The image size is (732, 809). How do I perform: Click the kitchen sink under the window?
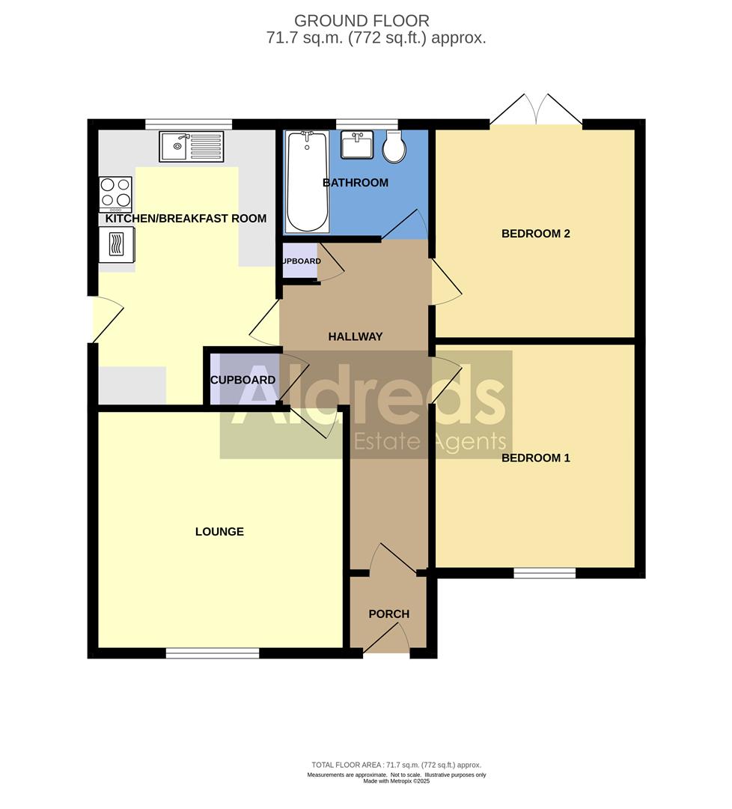[x=191, y=146]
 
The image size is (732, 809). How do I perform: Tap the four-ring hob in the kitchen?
[x=115, y=193]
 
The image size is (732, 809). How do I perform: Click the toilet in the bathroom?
[x=394, y=147]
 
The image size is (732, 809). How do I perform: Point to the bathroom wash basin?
[x=357, y=145]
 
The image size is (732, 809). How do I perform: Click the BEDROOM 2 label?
[x=535, y=234]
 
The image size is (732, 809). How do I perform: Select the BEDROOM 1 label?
[x=535, y=458]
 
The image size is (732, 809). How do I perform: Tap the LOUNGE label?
[x=219, y=532]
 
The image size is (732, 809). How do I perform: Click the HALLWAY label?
[x=355, y=337]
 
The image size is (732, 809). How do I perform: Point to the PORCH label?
[x=388, y=614]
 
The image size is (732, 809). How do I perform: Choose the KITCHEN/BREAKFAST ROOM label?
[x=186, y=219]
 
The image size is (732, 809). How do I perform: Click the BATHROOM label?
[x=355, y=183]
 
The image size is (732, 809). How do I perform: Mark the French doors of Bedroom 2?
[x=536, y=112]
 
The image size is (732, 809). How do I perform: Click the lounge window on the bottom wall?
[x=213, y=653]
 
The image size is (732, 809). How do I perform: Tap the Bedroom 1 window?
[x=544, y=573]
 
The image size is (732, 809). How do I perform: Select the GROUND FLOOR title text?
[x=362, y=21]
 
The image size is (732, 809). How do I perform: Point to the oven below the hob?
[x=116, y=244]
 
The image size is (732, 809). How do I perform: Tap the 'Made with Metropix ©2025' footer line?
[x=396, y=781]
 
